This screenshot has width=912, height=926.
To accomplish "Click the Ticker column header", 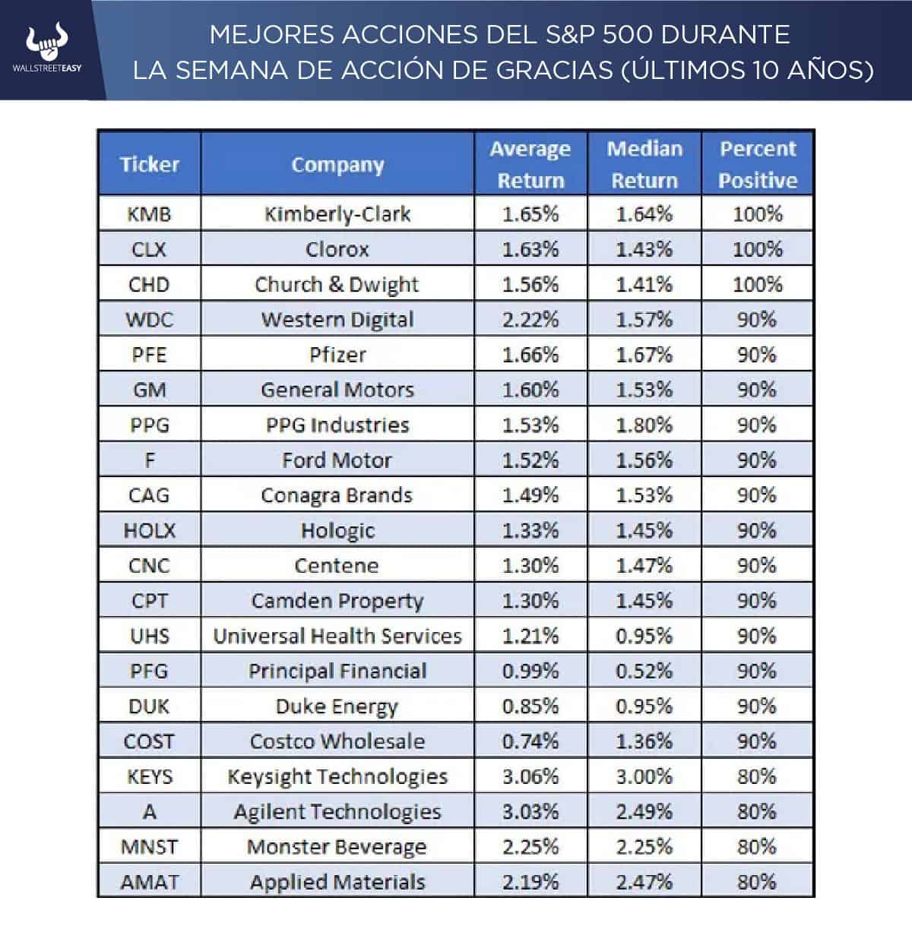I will click(149, 164).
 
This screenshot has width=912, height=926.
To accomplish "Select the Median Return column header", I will click(644, 164).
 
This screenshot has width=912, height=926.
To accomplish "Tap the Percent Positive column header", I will click(758, 164).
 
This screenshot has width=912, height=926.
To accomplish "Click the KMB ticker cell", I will click(149, 214).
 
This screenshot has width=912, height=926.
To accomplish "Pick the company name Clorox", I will click(337, 249).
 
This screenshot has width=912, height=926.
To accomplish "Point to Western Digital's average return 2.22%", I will click(530, 320).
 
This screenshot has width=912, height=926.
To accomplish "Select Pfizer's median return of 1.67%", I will click(644, 355).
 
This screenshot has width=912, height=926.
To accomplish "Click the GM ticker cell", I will click(149, 390).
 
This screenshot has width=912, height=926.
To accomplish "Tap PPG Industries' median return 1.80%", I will click(644, 425).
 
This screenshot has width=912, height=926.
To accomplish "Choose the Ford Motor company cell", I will click(337, 460).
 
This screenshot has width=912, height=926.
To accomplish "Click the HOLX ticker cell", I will click(149, 530).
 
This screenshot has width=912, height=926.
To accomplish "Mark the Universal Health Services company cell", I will click(337, 636).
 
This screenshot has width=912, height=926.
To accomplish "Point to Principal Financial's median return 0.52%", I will click(644, 671).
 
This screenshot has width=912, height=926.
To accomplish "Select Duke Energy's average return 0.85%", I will click(530, 706).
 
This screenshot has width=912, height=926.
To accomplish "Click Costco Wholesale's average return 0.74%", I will click(530, 741).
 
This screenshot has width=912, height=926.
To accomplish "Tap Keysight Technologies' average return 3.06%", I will click(530, 776).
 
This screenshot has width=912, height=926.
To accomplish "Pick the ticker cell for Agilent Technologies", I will click(149, 811).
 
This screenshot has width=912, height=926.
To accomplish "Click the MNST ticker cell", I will click(149, 847).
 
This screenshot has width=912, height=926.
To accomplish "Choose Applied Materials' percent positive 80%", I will click(758, 882).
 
